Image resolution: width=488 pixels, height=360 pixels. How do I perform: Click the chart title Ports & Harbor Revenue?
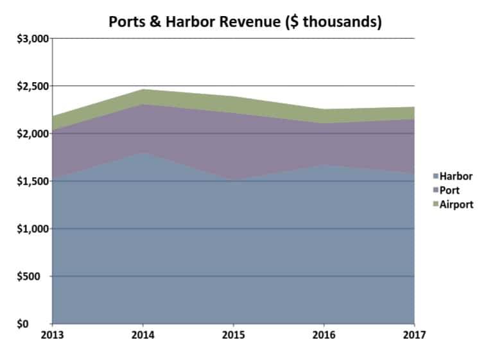[245, 21]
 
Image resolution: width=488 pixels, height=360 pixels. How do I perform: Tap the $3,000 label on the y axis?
[30, 39]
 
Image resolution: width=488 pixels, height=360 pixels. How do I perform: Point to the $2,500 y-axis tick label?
[30, 86]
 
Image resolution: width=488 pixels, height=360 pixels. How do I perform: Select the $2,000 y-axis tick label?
[30, 133]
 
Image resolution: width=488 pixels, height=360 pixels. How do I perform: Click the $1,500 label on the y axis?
[30, 181]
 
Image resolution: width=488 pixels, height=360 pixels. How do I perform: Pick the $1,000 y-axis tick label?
[30, 229]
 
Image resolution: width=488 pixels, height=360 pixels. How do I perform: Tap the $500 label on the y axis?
[35, 277]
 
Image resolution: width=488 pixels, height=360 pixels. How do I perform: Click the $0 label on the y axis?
[40, 324]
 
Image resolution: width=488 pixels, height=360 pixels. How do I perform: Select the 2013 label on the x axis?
[51, 335]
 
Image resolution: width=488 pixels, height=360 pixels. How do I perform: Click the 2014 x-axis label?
[142, 335]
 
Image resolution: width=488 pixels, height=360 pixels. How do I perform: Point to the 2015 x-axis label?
[233, 335]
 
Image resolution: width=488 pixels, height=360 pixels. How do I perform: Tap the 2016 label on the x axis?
[324, 335]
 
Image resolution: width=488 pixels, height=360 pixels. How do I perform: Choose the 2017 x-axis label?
[415, 335]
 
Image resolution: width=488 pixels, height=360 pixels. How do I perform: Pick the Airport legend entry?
[457, 204]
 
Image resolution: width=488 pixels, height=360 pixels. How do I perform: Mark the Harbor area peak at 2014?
[143, 153]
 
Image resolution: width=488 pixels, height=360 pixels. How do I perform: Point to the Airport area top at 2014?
[143, 90]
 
